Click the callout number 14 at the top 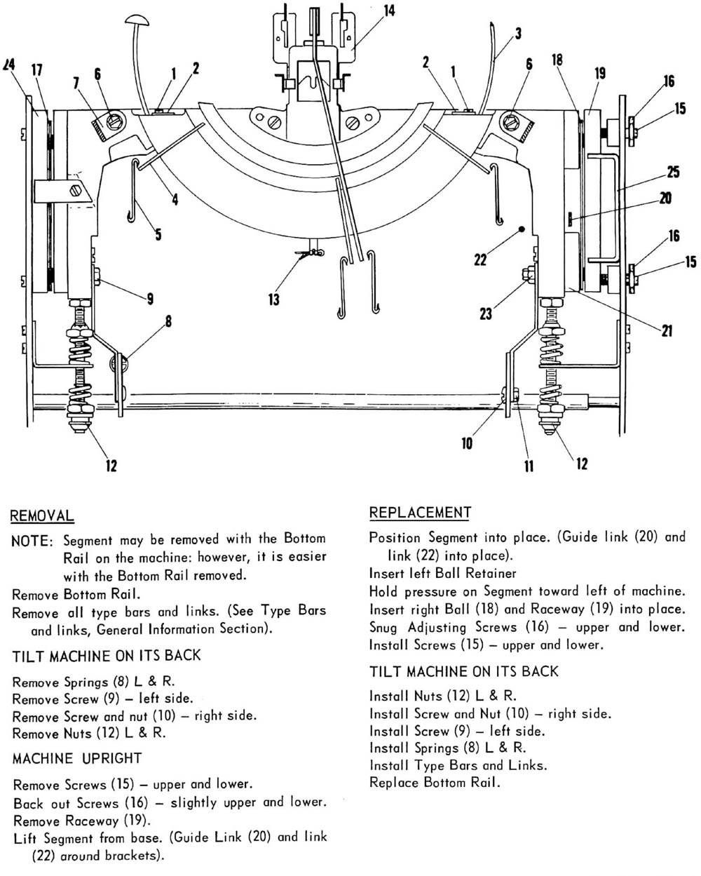(389, 10)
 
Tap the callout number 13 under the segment (273, 299)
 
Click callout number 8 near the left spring (168, 323)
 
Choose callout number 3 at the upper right (518, 33)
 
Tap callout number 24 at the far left (9, 65)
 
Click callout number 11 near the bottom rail (529, 466)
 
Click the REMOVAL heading (41, 516)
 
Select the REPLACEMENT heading (419, 513)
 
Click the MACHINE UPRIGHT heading (77, 758)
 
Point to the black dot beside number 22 (520, 229)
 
